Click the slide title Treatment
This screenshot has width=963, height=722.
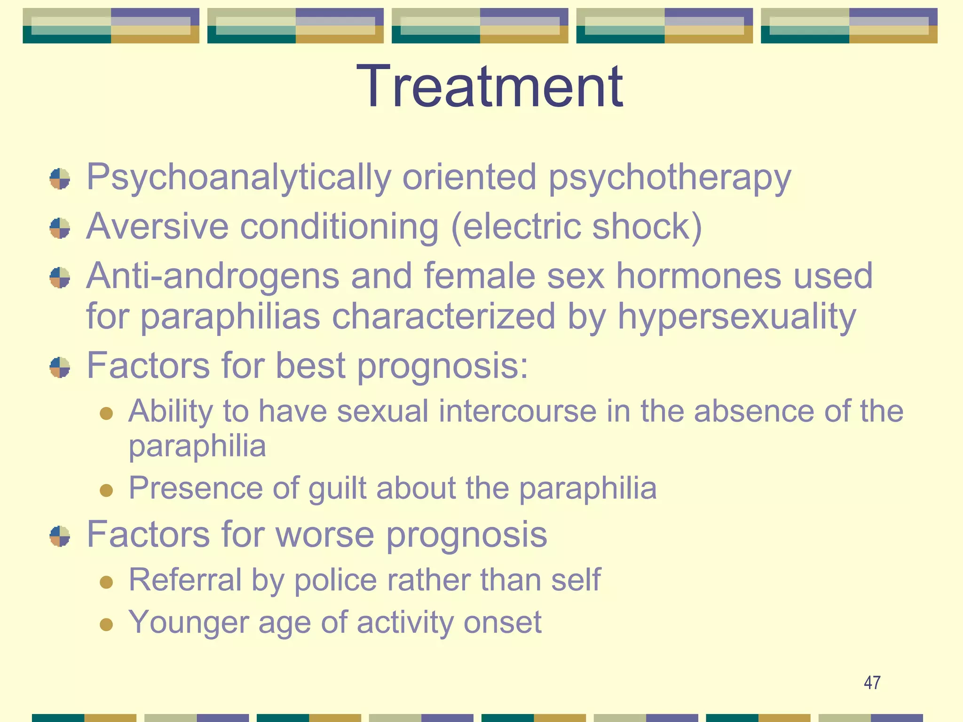[489, 87]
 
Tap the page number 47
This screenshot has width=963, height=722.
[872, 683]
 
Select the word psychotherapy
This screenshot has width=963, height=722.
[670, 178]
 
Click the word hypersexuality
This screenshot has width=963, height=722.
[736, 317]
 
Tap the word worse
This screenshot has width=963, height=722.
[325, 535]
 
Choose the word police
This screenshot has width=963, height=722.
[335, 580]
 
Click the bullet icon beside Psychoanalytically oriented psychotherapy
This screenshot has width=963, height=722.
[60, 179]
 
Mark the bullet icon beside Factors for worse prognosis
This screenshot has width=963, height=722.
[60, 536]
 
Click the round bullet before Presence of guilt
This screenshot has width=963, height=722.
[107, 490]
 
